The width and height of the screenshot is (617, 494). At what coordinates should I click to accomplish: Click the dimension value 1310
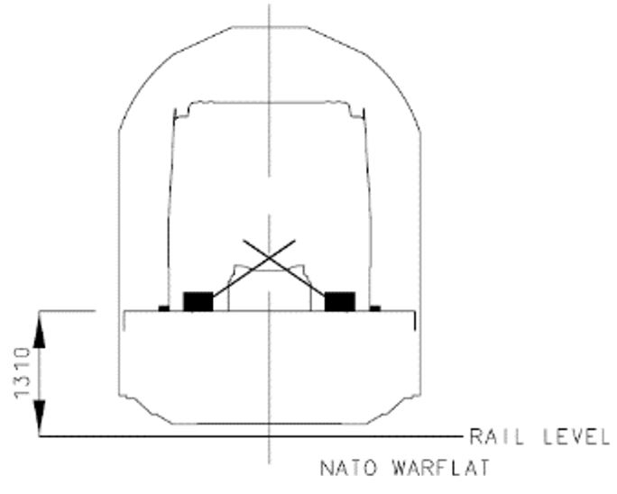(x=22, y=372)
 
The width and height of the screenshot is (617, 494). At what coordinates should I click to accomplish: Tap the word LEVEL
(x=576, y=436)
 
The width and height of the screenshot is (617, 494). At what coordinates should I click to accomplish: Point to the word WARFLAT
(x=441, y=468)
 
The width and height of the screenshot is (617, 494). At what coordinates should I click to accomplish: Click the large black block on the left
(x=198, y=302)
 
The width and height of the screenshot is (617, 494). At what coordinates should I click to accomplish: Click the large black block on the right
(x=340, y=302)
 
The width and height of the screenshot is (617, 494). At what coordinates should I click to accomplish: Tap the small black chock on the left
(x=163, y=308)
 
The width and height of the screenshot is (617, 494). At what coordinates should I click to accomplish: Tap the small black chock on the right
(x=375, y=308)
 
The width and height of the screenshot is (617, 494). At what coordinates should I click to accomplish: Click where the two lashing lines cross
(x=269, y=257)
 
